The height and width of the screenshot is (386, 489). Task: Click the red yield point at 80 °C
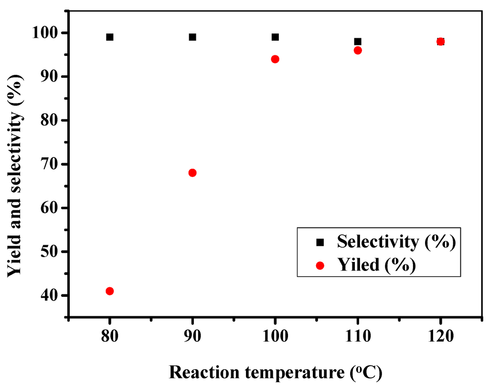point(110,291)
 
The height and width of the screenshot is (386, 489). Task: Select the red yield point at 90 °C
point(192,173)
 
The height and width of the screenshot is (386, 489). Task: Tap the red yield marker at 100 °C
point(275,59)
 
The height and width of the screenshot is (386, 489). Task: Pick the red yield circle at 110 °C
point(358,50)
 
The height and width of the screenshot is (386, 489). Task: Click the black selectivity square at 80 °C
point(110,37)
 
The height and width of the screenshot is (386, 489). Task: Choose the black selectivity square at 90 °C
point(192,37)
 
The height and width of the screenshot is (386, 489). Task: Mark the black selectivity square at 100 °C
point(275,37)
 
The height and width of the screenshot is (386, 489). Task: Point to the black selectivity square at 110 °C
point(358,42)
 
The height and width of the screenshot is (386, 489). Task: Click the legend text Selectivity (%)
point(394,242)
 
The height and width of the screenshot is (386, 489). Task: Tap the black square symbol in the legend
point(320,242)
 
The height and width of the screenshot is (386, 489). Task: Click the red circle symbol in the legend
point(320,265)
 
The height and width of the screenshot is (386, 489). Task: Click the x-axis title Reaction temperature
point(276,372)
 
